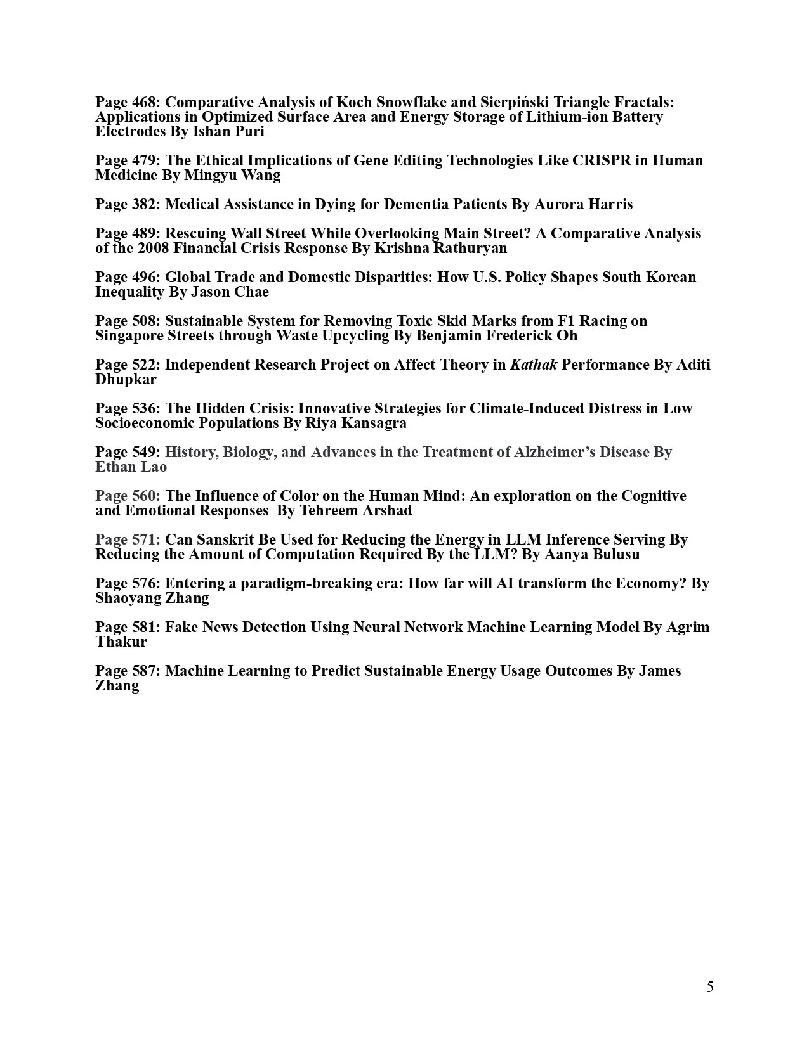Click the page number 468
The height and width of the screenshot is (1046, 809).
coord(145,102)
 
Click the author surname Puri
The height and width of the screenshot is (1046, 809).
coord(249,131)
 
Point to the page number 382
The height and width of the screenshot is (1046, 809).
coord(145,204)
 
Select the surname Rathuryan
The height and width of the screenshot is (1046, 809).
coord(470,248)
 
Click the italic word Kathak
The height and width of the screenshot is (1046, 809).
coord(534,365)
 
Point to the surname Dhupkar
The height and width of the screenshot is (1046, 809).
coord(126,379)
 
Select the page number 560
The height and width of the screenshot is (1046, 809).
coord(145,496)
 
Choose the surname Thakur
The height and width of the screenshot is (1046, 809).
coord(121,642)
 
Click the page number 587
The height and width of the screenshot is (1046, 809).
coord(145,671)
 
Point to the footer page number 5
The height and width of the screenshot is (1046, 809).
coord(709,987)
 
